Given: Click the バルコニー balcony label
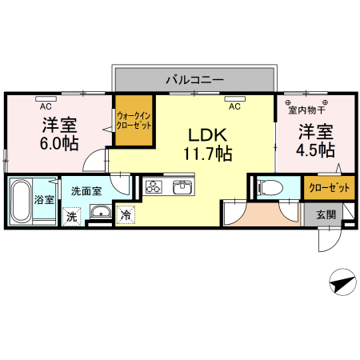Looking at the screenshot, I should pyautogui.click(x=194, y=79).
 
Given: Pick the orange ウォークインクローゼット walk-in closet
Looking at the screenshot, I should pyautogui.click(x=134, y=121).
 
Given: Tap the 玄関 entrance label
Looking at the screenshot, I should pyautogui.click(x=326, y=214).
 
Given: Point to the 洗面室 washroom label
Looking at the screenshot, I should pyautogui.click(x=85, y=191).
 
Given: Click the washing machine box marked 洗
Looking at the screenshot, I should pyautogui.click(x=71, y=215).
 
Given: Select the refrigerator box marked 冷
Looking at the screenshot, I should pyautogui.click(x=125, y=214).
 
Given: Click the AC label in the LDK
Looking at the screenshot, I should pyautogui.click(x=234, y=106).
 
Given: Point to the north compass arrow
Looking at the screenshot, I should pyautogui.click(x=341, y=282).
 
